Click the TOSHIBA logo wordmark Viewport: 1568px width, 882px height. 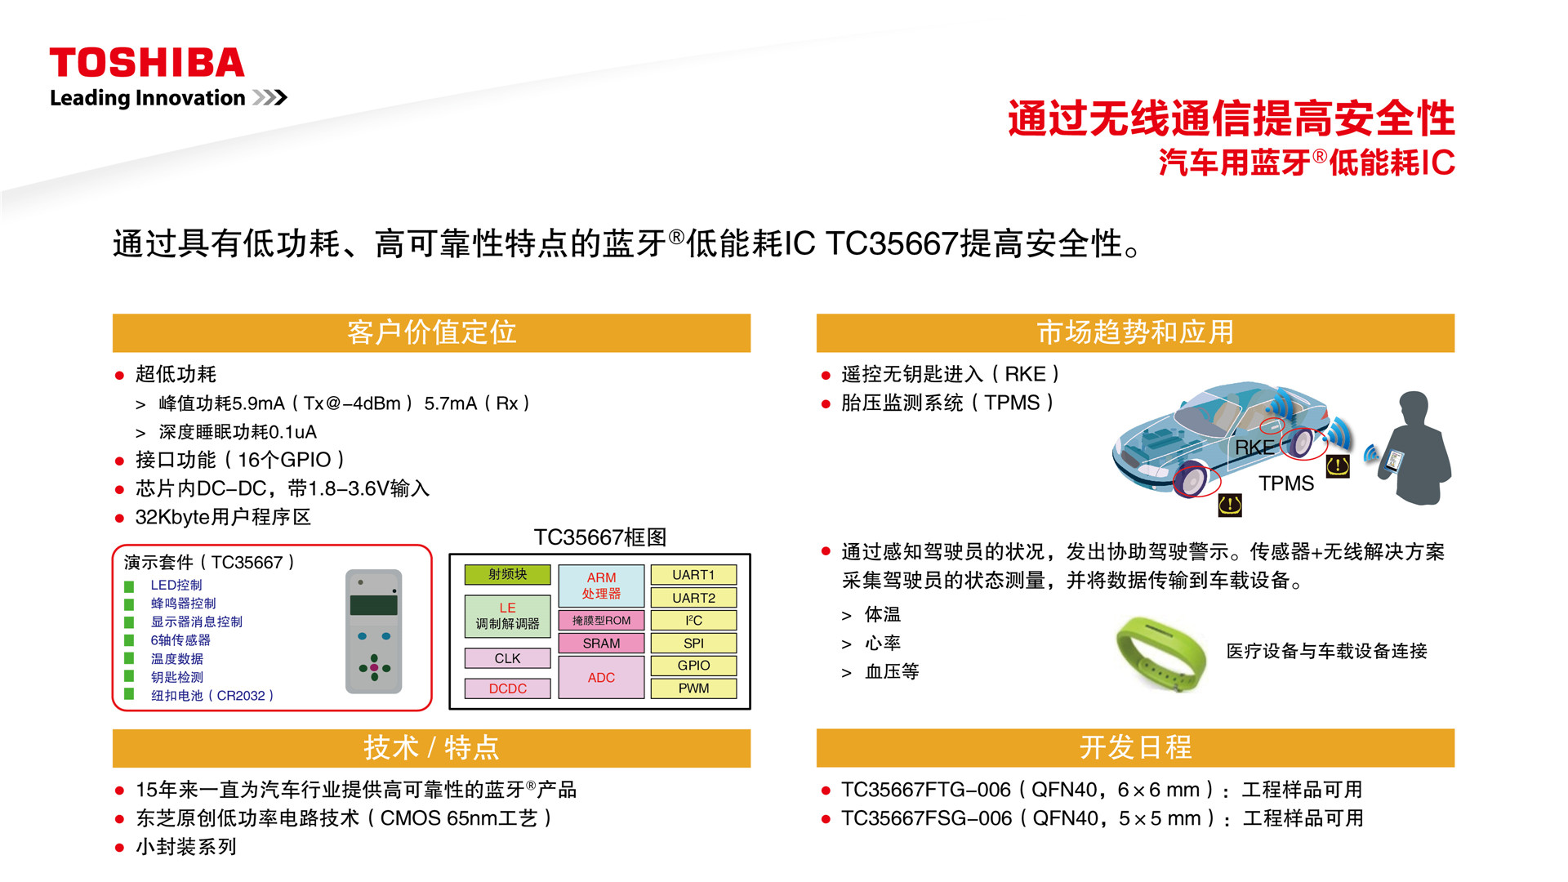pos(147,63)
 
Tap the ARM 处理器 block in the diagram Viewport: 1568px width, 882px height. pos(601,586)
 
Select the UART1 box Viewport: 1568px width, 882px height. pos(693,575)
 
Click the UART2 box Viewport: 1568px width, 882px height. pos(693,598)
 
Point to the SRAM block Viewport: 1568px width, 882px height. pos(601,644)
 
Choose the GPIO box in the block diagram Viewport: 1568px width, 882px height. pos(693,666)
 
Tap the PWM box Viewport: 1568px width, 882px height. pos(693,688)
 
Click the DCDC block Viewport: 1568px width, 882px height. pos(507,688)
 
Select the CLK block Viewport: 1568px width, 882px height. pos(507,658)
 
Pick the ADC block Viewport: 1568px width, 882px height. pos(601,677)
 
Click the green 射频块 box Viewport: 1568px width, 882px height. pos(507,575)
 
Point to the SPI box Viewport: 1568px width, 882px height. pos(693,644)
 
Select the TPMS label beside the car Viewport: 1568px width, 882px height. pos(1286,483)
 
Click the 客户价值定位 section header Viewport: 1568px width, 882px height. pos(431,333)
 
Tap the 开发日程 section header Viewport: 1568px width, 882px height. pos(1135,748)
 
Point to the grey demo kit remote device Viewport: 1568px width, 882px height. pos(374,631)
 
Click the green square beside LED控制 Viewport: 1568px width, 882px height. pos(129,586)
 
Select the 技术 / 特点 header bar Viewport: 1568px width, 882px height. pos(431,748)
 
